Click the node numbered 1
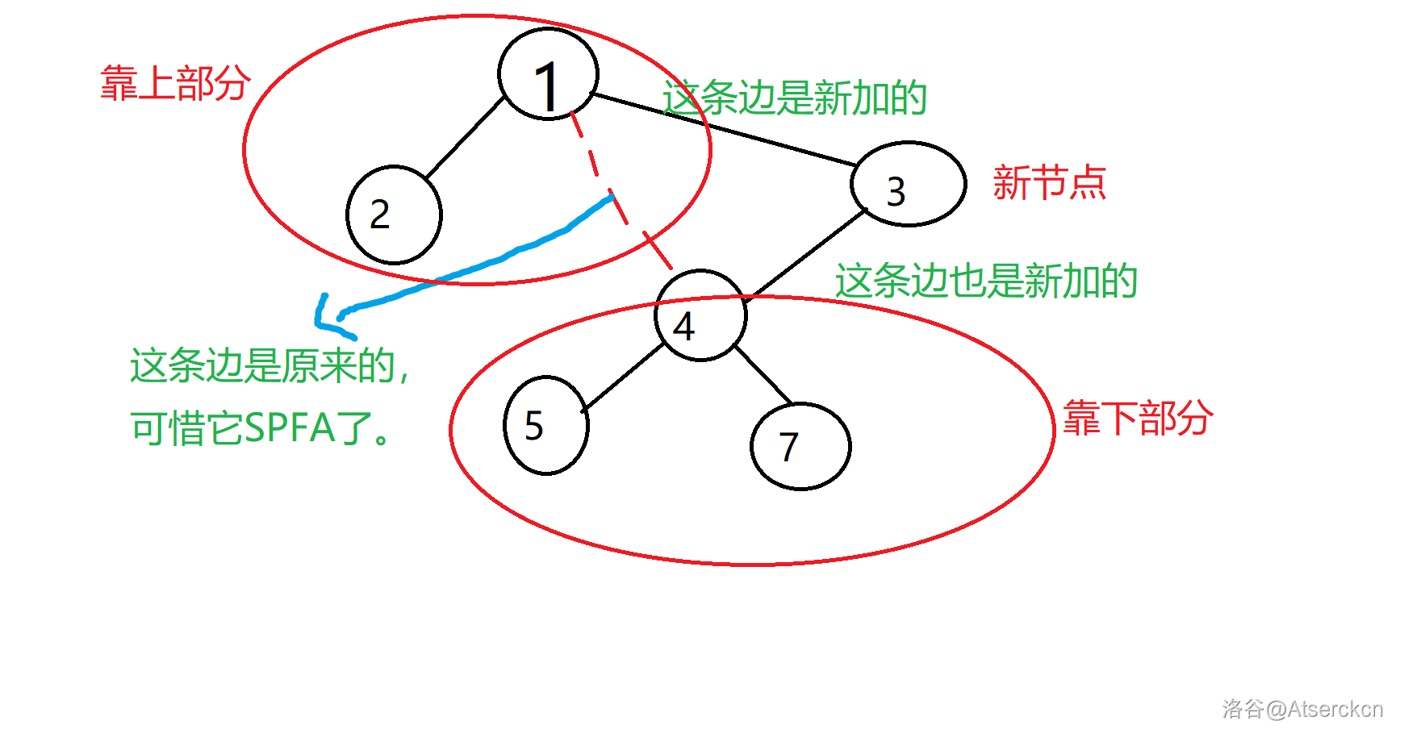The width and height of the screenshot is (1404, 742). tap(548, 74)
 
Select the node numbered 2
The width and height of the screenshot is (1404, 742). tap(394, 215)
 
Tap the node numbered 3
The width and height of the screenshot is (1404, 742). tap(908, 184)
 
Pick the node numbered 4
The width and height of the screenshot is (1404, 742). tap(700, 315)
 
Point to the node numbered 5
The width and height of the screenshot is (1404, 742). tap(545, 425)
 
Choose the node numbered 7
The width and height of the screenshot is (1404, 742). tap(800, 446)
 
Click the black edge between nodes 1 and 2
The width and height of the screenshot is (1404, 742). tap(465, 137)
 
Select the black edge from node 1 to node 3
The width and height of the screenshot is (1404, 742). tap(726, 131)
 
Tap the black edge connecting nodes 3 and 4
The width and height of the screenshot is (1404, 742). tap(807, 253)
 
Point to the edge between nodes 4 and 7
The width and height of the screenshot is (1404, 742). tap(763, 376)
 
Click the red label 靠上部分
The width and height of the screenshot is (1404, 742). tap(175, 83)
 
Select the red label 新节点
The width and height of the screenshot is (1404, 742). tap(1049, 182)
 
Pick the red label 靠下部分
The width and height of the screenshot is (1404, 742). tap(1137, 418)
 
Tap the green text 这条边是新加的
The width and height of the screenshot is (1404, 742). tap(795, 98)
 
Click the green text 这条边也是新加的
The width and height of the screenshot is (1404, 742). tap(986, 281)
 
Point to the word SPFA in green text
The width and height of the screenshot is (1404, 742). tap(290, 428)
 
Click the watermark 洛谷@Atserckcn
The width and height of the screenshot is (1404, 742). tap(1302, 709)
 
